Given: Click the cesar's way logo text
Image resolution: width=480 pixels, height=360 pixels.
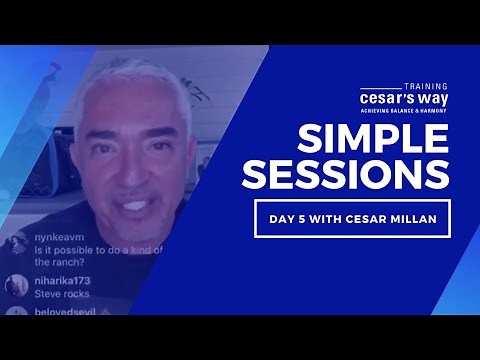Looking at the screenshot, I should tap(403, 102).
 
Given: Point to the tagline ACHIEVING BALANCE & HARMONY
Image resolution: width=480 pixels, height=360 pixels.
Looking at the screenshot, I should tap(403, 115).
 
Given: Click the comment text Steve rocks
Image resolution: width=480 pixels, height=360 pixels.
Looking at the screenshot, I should tap(62, 294).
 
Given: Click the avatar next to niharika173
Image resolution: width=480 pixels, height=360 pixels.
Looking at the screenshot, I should tap(16, 286).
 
